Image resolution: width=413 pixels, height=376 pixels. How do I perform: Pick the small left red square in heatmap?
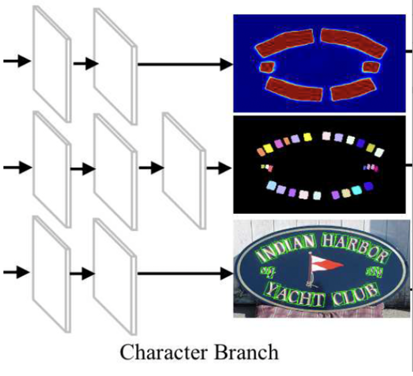click(x=267, y=67)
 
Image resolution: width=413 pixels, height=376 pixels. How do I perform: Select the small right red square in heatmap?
click(x=370, y=67)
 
